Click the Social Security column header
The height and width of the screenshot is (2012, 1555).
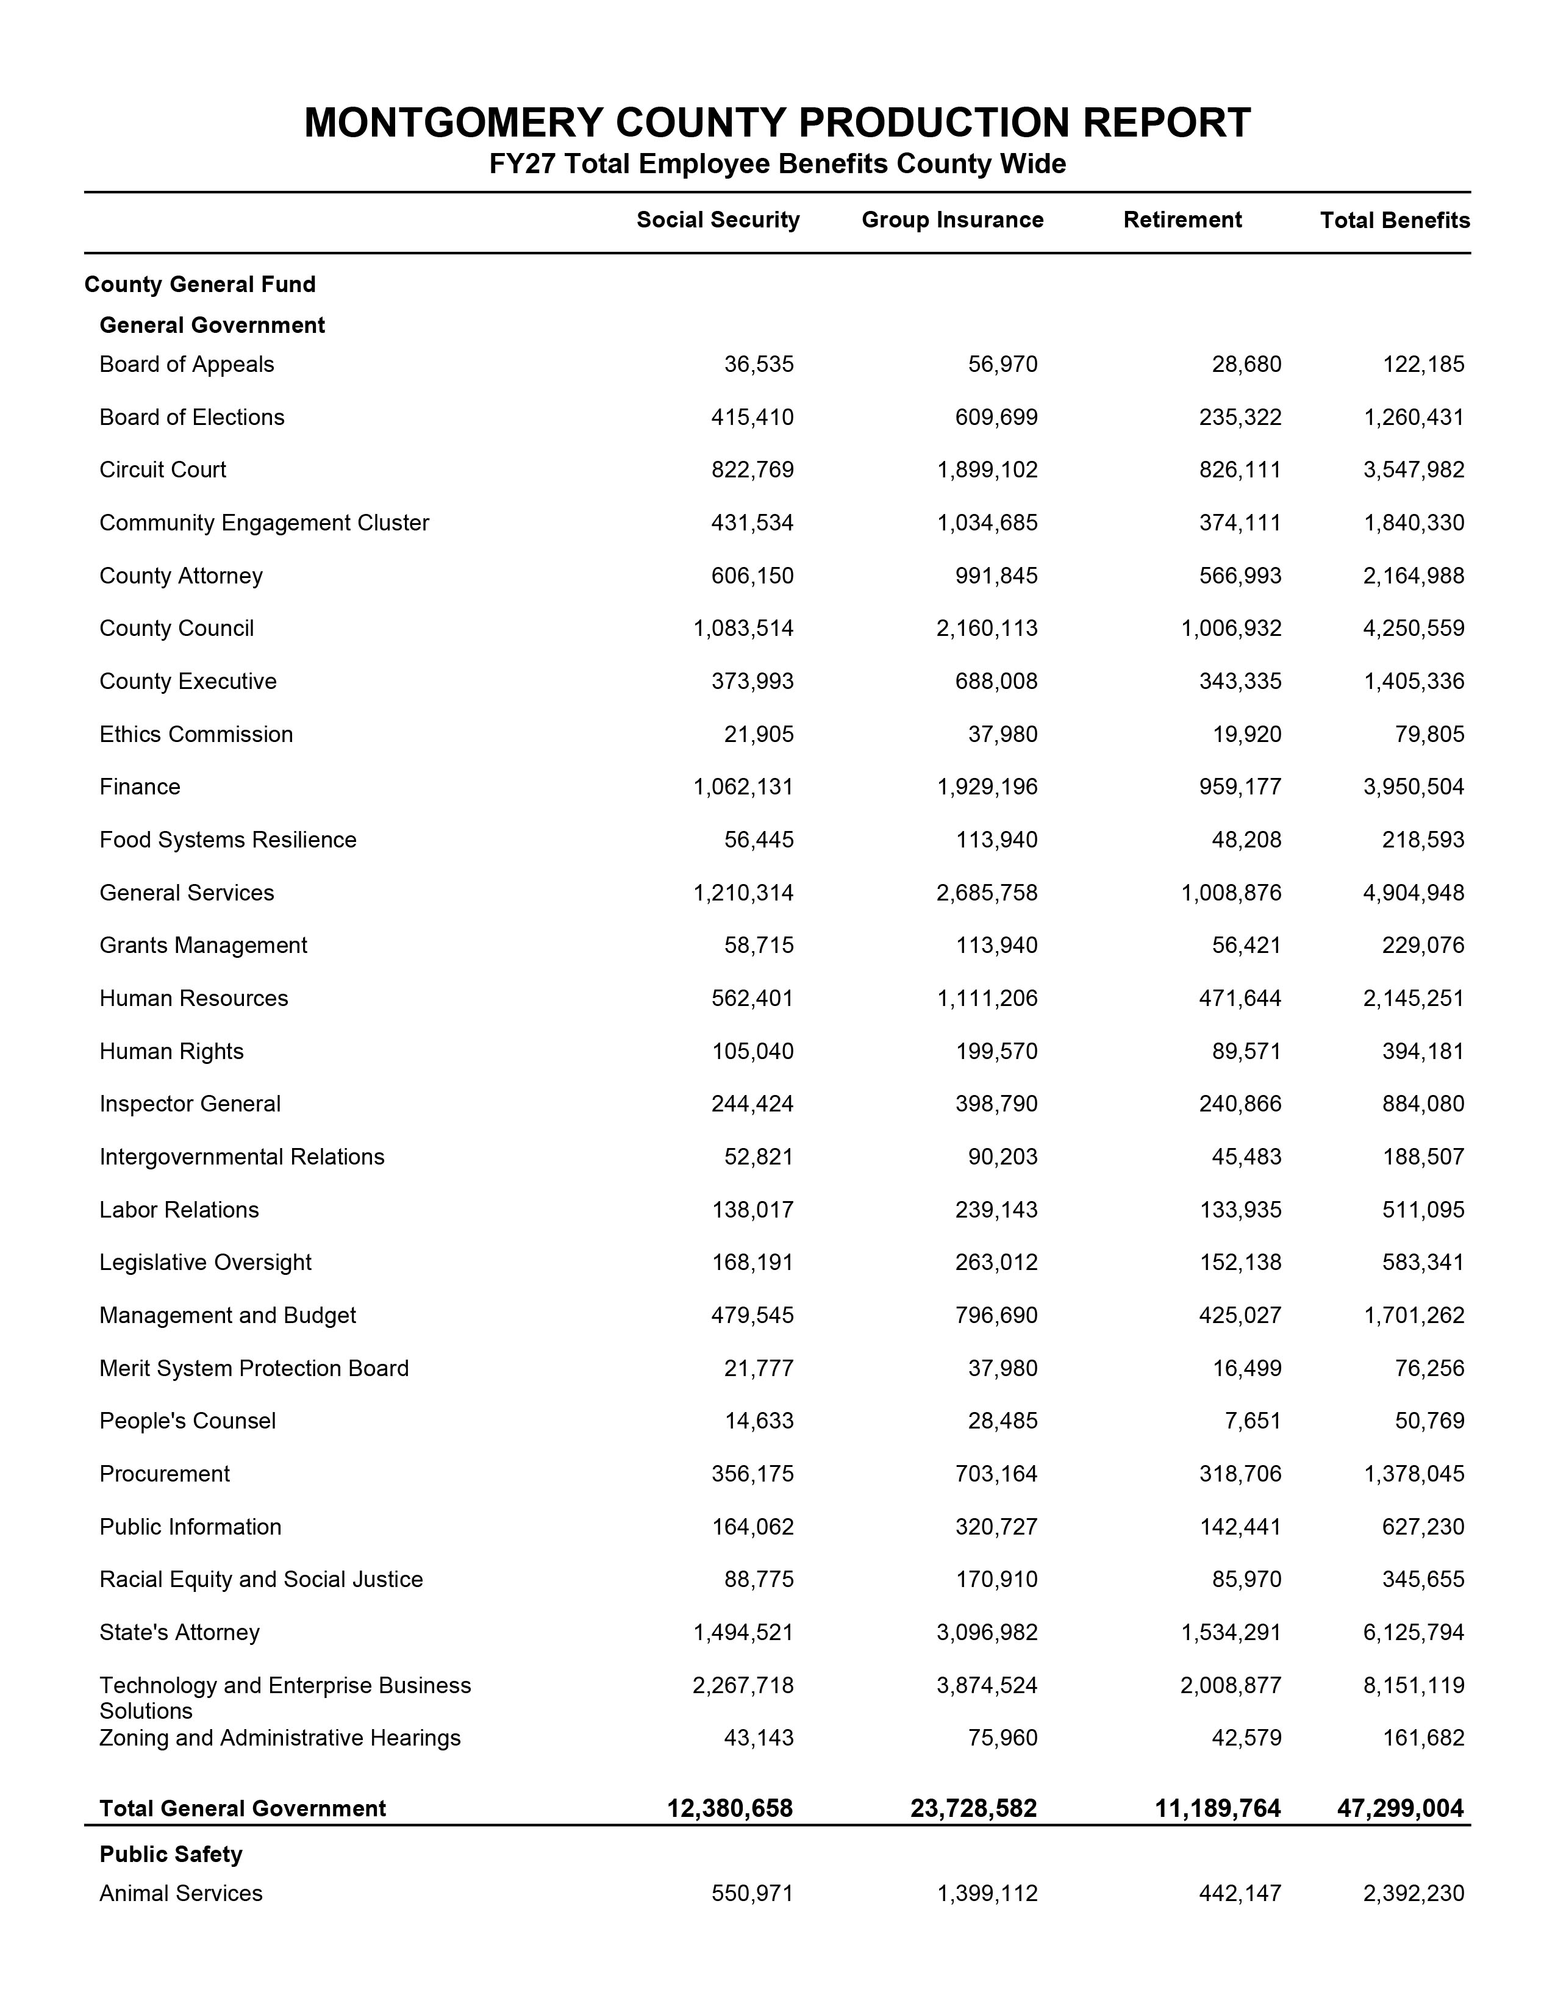[x=718, y=220]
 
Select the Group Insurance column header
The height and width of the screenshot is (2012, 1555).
[x=953, y=220]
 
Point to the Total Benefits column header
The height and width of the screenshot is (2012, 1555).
[x=1395, y=220]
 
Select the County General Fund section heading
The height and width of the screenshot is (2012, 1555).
[x=200, y=285]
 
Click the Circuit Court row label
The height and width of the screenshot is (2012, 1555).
[x=163, y=470]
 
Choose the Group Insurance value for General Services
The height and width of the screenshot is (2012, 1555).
[x=987, y=893]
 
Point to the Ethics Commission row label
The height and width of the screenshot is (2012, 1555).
[x=196, y=734]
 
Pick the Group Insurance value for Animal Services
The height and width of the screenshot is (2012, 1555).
[x=987, y=1893]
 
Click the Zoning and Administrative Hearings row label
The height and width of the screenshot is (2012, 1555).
[x=280, y=1738]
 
